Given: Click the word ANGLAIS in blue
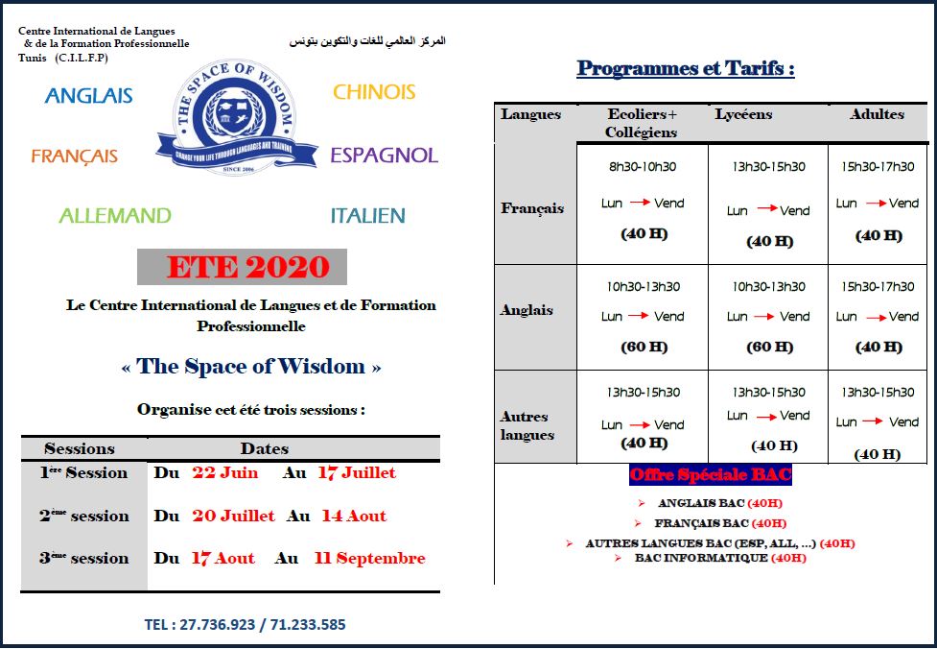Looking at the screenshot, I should pos(88,95).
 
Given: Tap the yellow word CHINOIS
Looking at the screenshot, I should pos(374,92).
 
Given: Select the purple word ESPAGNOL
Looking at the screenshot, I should pos(384,156).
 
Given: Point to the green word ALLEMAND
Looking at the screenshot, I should pos(115,215).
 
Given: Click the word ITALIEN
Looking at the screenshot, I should pos(367,216).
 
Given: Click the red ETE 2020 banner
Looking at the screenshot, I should pos(247,267).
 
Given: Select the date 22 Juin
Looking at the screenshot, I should pos(225,472).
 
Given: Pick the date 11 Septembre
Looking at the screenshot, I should pos(369,558).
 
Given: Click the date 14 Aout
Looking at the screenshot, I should pos(354,516).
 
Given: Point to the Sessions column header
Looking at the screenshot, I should pos(80,448).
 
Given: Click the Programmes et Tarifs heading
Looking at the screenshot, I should pos(686,69).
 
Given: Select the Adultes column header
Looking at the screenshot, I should pos(877,114).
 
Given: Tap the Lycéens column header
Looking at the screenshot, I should pos(743,114).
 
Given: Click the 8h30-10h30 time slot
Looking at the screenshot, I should pos(643,167).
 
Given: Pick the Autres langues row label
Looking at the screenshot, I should pos(527,425).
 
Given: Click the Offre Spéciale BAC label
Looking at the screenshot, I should pos(711,475).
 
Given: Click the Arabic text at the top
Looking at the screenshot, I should pos(367,41).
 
